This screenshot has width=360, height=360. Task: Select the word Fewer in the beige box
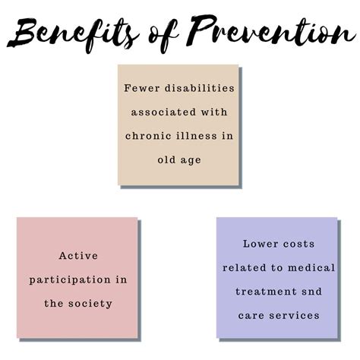142,88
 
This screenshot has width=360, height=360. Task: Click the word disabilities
200,88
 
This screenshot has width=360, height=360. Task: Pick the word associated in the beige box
163,112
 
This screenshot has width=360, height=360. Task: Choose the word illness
197,136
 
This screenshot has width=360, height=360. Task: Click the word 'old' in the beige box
166,159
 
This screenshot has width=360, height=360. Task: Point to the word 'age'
191,161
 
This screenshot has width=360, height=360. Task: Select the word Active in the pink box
78,255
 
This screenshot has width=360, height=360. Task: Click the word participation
70,280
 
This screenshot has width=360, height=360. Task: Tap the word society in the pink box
90,304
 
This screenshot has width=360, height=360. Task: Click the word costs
298,244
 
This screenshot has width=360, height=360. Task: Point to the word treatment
266,292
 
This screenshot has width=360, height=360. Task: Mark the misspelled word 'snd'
311,292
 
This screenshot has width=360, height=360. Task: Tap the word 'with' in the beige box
214,112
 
